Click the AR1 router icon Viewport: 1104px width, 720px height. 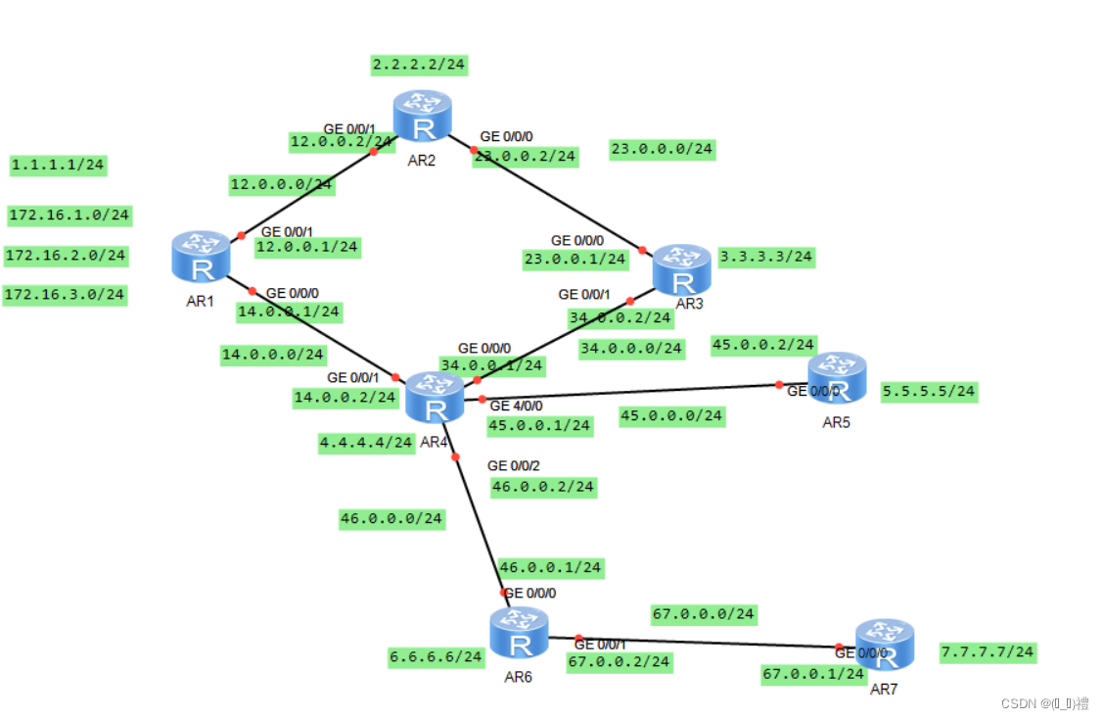coord(201,256)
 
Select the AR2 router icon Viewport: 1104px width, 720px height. coord(422,116)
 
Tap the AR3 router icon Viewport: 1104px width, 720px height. coord(682,269)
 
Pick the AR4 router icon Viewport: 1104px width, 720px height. coord(434,398)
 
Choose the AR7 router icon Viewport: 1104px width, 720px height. coord(884,645)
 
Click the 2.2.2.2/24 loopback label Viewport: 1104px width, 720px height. coord(419,65)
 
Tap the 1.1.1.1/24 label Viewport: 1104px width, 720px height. coord(58,165)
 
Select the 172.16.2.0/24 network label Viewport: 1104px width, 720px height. coord(66,256)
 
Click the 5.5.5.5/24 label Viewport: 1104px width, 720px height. coord(929,392)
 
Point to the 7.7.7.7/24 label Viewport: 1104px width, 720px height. coord(988,651)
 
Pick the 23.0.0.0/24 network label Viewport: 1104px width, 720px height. coord(662,149)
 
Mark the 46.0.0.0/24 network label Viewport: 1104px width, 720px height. coord(391,518)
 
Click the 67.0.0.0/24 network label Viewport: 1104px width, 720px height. coord(703,614)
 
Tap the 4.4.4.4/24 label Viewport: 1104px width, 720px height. coord(366,443)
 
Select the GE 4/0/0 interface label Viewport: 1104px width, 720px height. coord(516,406)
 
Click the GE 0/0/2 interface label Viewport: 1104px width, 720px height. coord(513,465)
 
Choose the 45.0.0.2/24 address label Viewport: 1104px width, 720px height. coord(763,345)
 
